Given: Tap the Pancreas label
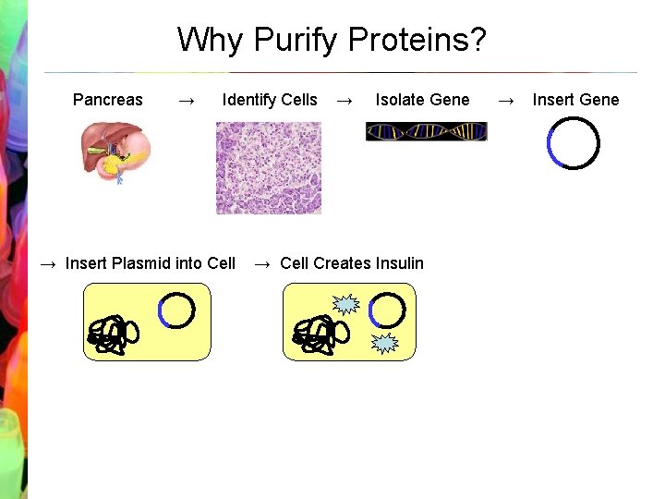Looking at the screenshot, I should (107, 100).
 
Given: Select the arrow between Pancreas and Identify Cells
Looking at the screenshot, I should (186, 100).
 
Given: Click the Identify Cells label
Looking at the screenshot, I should (270, 100).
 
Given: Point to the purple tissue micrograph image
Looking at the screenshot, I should (269, 168).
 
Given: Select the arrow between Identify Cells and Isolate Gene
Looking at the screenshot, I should (345, 100).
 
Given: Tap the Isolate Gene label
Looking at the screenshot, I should (422, 100).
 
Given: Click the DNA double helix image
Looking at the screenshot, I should (426, 132).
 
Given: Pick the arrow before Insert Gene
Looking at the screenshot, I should (506, 100).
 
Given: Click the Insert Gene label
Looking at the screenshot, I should (575, 100).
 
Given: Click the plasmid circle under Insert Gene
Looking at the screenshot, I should (573, 144).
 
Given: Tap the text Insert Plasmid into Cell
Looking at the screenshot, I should (150, 263).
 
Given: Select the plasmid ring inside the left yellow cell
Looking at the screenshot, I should (176, 310).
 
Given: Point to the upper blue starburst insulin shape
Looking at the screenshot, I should (345, 304).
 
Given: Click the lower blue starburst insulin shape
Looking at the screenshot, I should (384, 344).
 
